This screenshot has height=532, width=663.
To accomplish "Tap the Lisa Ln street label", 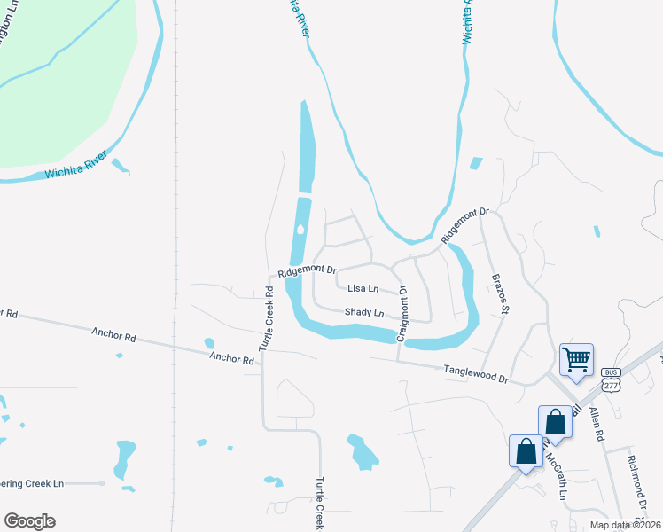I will tap(363, 288).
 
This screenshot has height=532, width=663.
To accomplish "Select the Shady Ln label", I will tap(363, 312).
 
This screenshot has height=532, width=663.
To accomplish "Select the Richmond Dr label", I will tap(636, 484).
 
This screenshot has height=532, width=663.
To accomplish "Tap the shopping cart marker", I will tap(576, 360).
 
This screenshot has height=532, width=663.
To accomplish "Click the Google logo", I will tap(29, 521).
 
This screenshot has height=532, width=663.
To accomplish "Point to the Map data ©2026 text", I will tap(625, 525).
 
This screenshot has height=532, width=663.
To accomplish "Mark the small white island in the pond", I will tap(300, 231).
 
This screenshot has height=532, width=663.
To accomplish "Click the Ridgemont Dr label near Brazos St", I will tap(465, 226).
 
